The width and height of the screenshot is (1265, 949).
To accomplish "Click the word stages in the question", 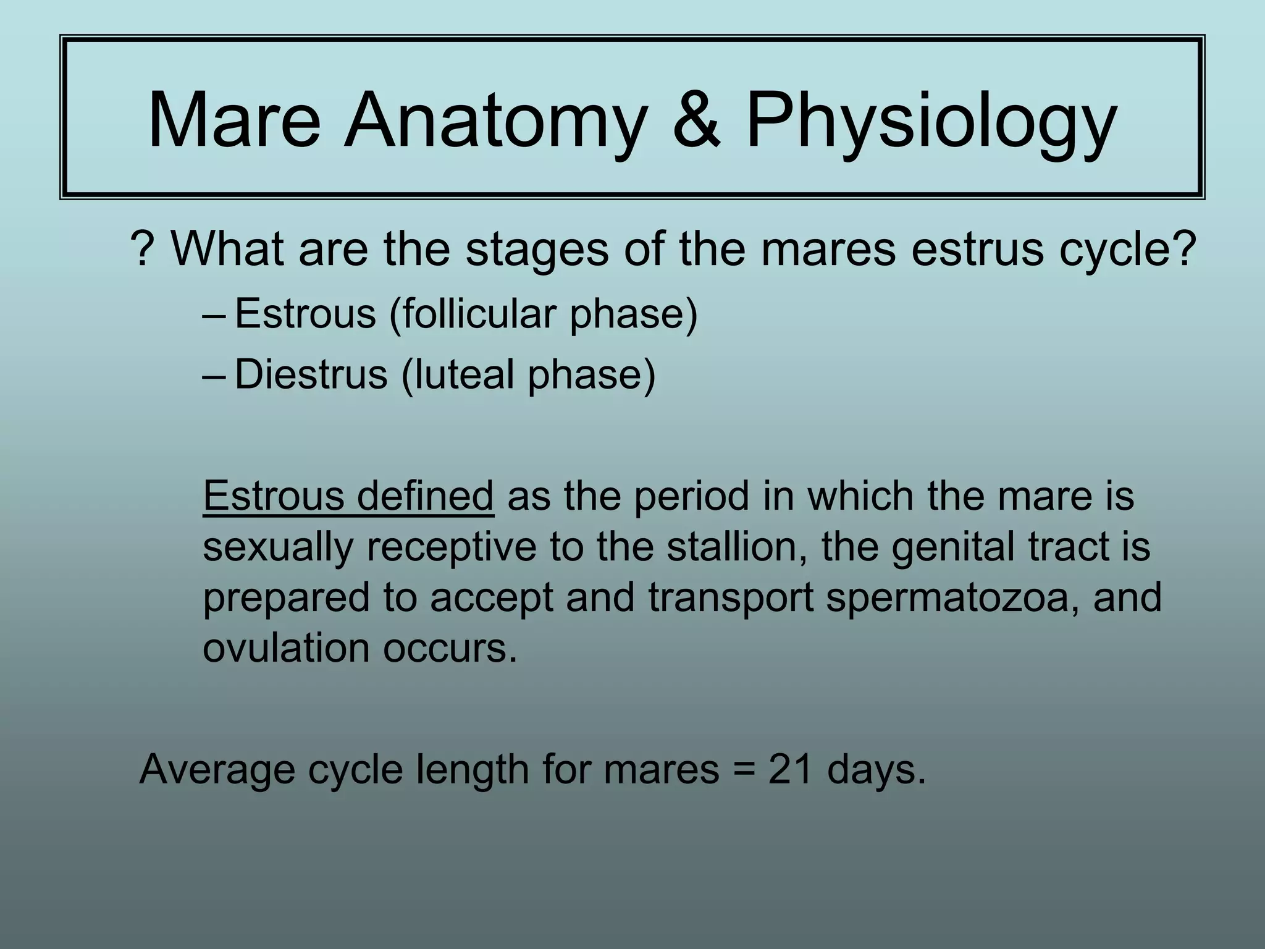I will click(x=537, y=251).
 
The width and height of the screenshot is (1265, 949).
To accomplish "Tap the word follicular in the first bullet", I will click(x=473, y=313).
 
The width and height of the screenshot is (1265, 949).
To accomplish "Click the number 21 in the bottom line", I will click(x=790, y=769).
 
